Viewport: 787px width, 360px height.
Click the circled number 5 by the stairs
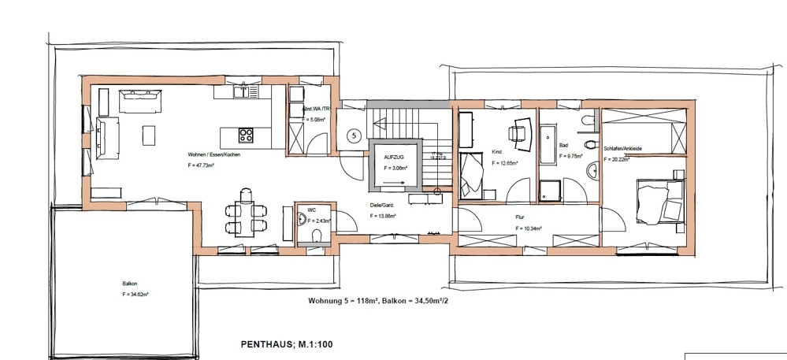coord(354,135)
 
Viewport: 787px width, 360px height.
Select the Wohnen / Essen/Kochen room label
coord(213,154)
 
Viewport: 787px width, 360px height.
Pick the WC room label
coord(311,210)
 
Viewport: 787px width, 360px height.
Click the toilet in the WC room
coord(316,236)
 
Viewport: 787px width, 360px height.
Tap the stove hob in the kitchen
coord(245,134)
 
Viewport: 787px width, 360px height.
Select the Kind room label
coord(496,151)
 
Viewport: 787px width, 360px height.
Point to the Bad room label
coord(563,146)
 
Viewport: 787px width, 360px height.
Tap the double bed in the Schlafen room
coord(659,201)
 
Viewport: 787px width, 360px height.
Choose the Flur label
coord(521,217)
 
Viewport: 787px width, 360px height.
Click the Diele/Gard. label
coord(383,204)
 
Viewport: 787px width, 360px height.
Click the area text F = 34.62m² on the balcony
coord(135,294)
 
